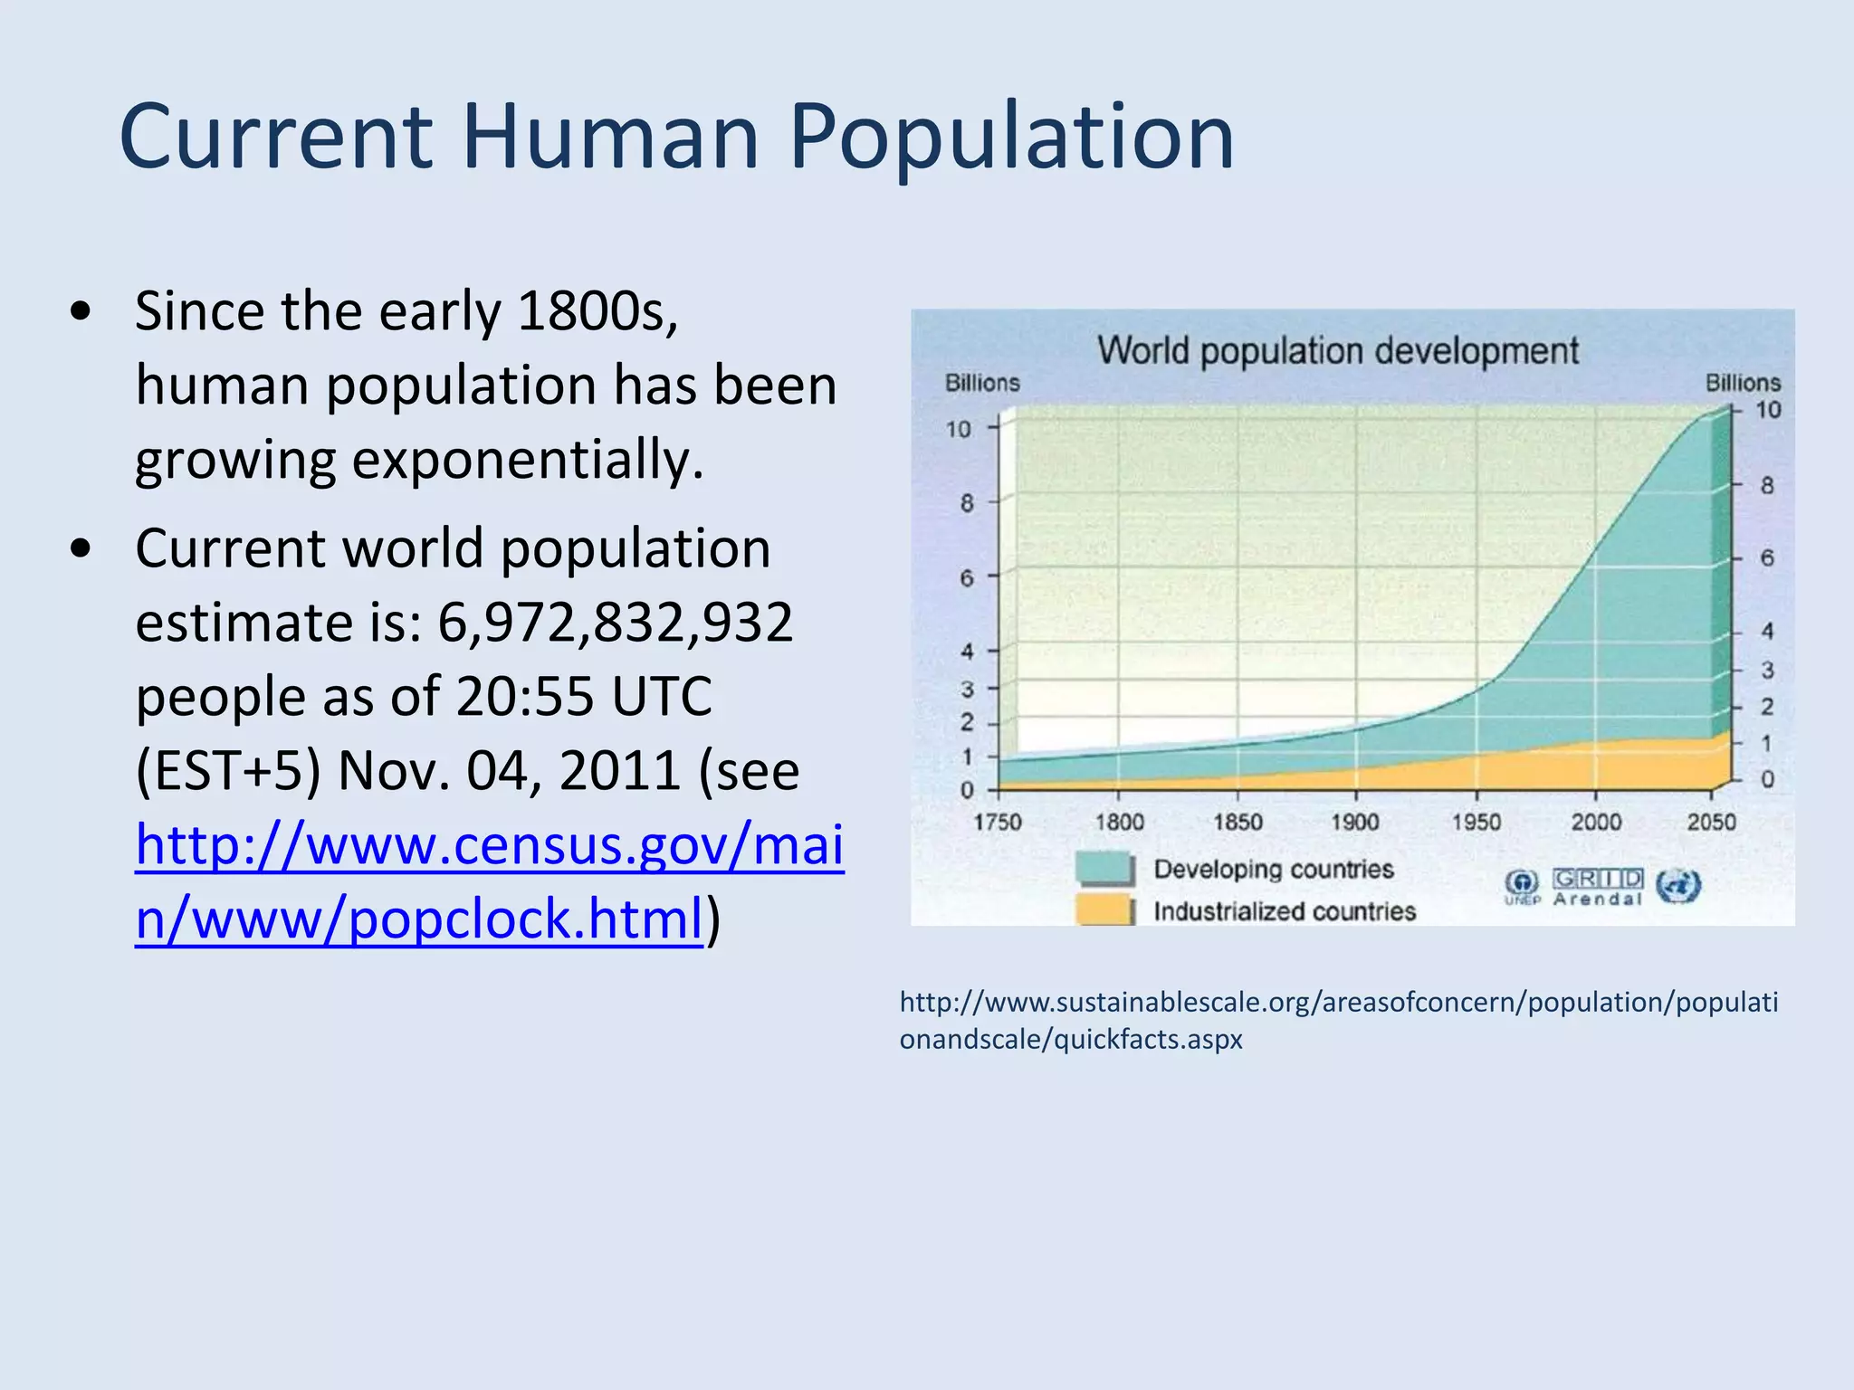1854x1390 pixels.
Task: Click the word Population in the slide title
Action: click(1011, 138)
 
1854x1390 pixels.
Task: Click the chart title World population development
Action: click(1338, 351)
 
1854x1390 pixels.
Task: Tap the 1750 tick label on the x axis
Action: click(998, 822)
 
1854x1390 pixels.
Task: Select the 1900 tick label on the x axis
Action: click(1355, 822)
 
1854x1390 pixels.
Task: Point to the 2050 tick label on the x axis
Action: click(1711, 822)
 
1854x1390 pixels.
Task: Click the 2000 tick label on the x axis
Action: click(1596, 822)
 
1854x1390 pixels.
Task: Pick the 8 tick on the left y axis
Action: click(967, 503)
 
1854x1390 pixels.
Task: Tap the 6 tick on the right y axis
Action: click(1766, 558)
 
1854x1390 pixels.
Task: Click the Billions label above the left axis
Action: click(982, 384)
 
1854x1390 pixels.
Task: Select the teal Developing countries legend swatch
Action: click(1104, 869)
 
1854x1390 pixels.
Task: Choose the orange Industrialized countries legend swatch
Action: click(1104, 909)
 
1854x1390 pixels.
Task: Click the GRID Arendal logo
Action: click(1598, 887)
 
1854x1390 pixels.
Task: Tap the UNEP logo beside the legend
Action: click(1522, 887)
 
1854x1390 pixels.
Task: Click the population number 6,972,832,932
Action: click(616, 623)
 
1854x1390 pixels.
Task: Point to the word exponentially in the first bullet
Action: click(526, 460)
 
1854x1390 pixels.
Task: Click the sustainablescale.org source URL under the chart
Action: click(1338, 1020)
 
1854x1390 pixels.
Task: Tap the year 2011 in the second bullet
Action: click(619, 771)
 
